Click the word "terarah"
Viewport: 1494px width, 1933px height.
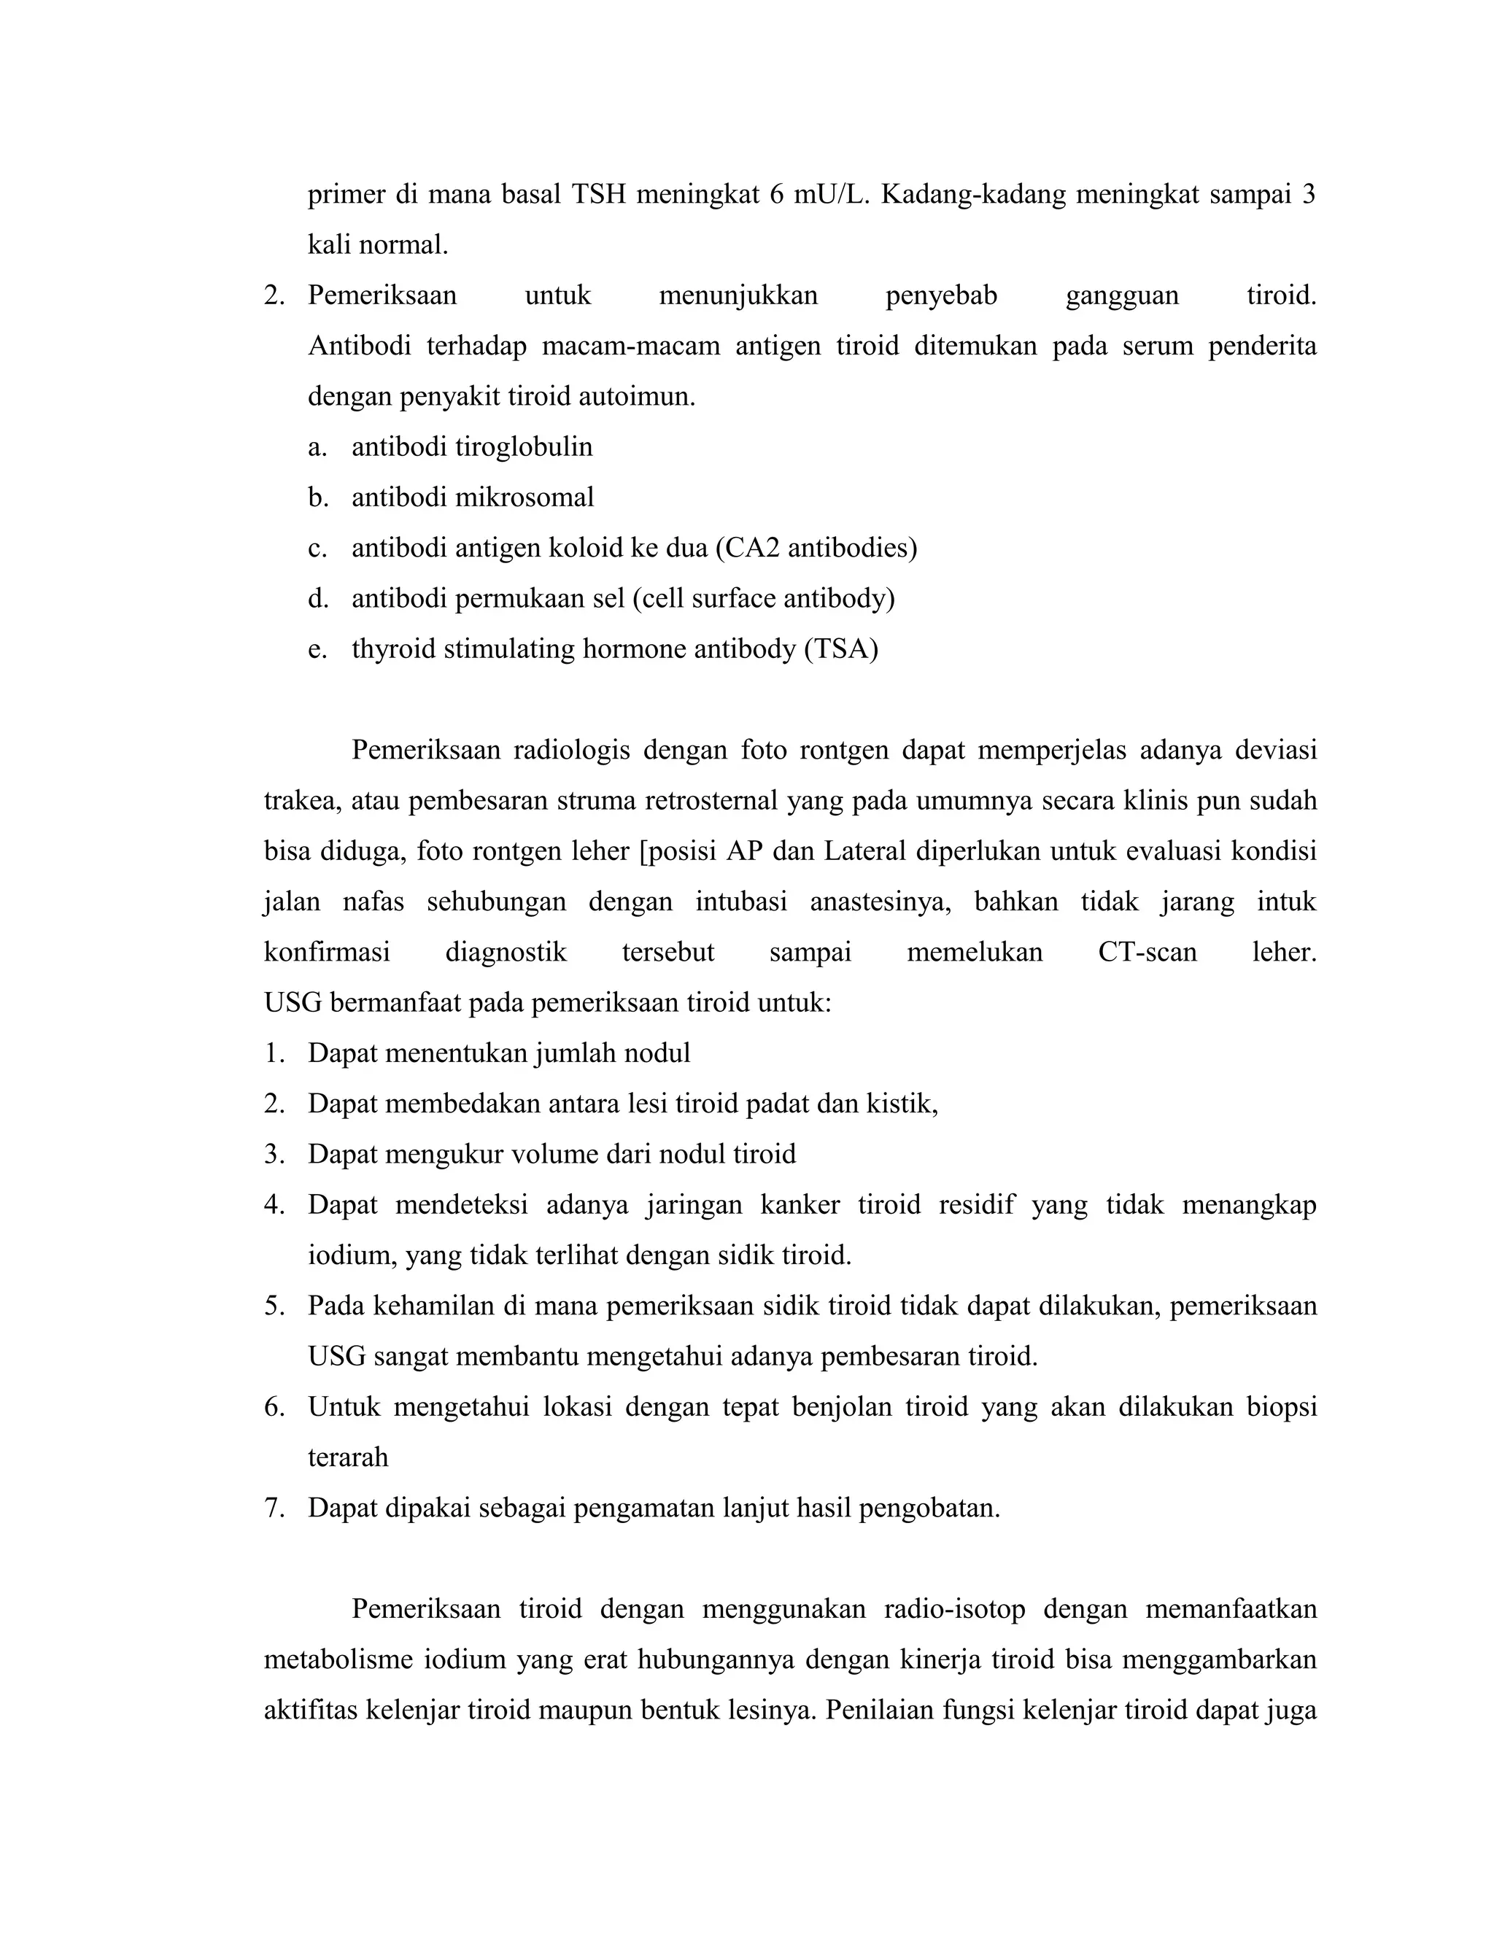tap(348, 1457)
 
